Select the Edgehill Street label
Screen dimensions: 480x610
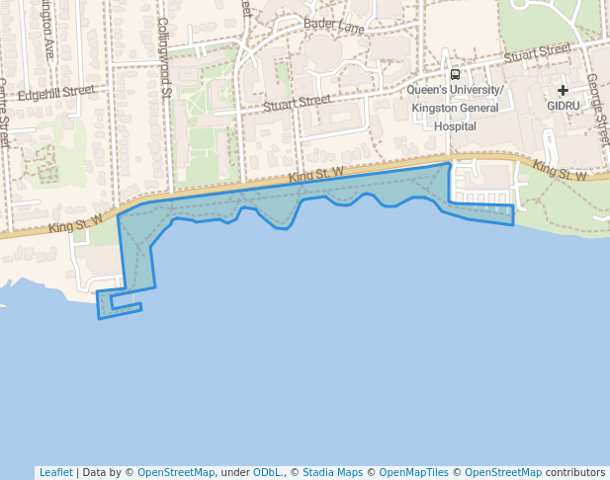55,92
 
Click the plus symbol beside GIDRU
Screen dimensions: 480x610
563,90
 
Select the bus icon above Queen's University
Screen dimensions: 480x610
455,74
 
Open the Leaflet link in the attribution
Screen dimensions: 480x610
55,472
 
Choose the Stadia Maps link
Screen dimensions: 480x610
332,472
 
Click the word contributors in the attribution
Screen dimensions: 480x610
575,472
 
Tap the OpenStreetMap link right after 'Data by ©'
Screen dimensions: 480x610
176,472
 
